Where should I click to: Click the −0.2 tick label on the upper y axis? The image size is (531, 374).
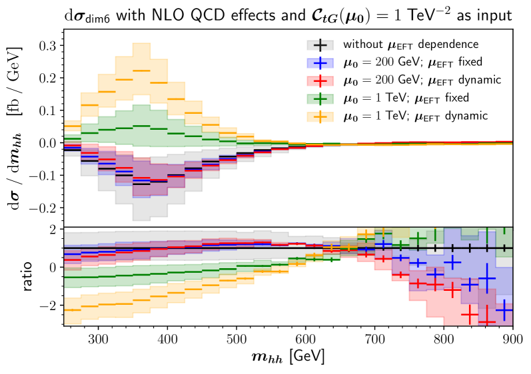tap(43, 208)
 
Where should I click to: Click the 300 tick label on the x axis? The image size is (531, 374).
tap(99, 339)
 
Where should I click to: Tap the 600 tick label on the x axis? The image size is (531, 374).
tap(306, 339)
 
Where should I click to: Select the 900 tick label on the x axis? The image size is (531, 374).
tap(512, 339)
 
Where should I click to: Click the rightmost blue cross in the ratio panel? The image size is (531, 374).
tap(504, 310)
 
